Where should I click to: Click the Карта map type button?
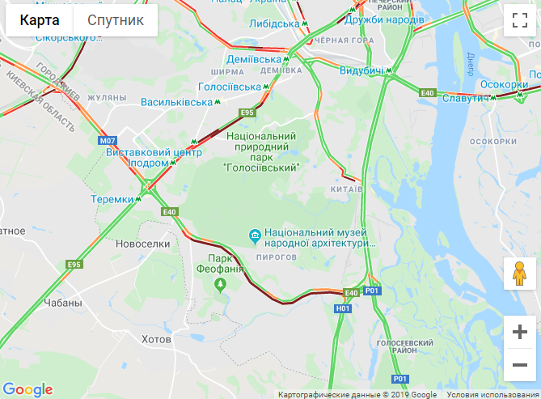[40, 20]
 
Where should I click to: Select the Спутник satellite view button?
[116, 20]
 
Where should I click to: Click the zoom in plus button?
[520, 332]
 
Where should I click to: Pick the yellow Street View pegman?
[520, 274]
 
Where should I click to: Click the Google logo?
[27, 389]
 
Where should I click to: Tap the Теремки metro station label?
[112, 199]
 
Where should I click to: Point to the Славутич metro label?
[463, 98]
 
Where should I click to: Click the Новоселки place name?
[143, 243]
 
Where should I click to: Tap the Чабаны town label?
[64, 303]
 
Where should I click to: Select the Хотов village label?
[157, 338]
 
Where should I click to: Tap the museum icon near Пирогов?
[256, 236]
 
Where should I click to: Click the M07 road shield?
[108, 141]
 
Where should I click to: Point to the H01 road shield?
[343, 308]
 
